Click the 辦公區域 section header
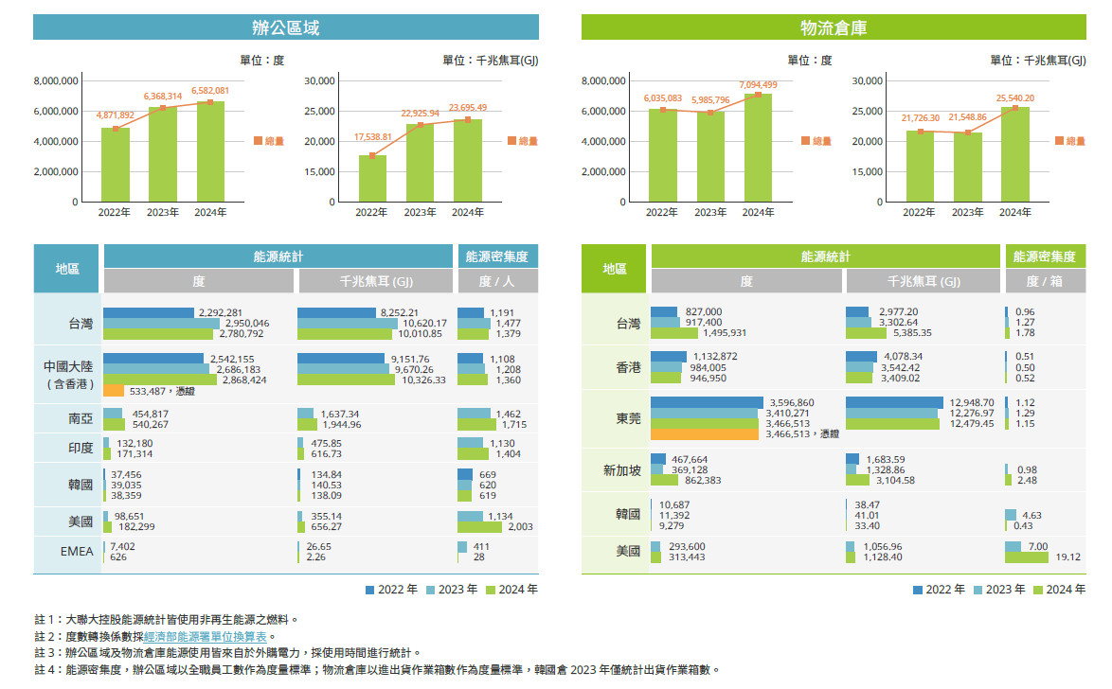285,27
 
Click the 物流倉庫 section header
834,27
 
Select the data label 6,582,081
210,91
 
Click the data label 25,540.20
1015,98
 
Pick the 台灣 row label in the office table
81,324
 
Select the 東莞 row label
629,418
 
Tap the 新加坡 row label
622,471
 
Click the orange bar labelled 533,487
114,390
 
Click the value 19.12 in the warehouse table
1068,557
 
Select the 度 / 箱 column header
1044,281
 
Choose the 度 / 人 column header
498,281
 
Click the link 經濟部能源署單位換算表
206,636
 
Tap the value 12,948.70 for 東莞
972,402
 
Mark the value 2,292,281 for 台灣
221,312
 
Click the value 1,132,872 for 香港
715,356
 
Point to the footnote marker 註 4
46,669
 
